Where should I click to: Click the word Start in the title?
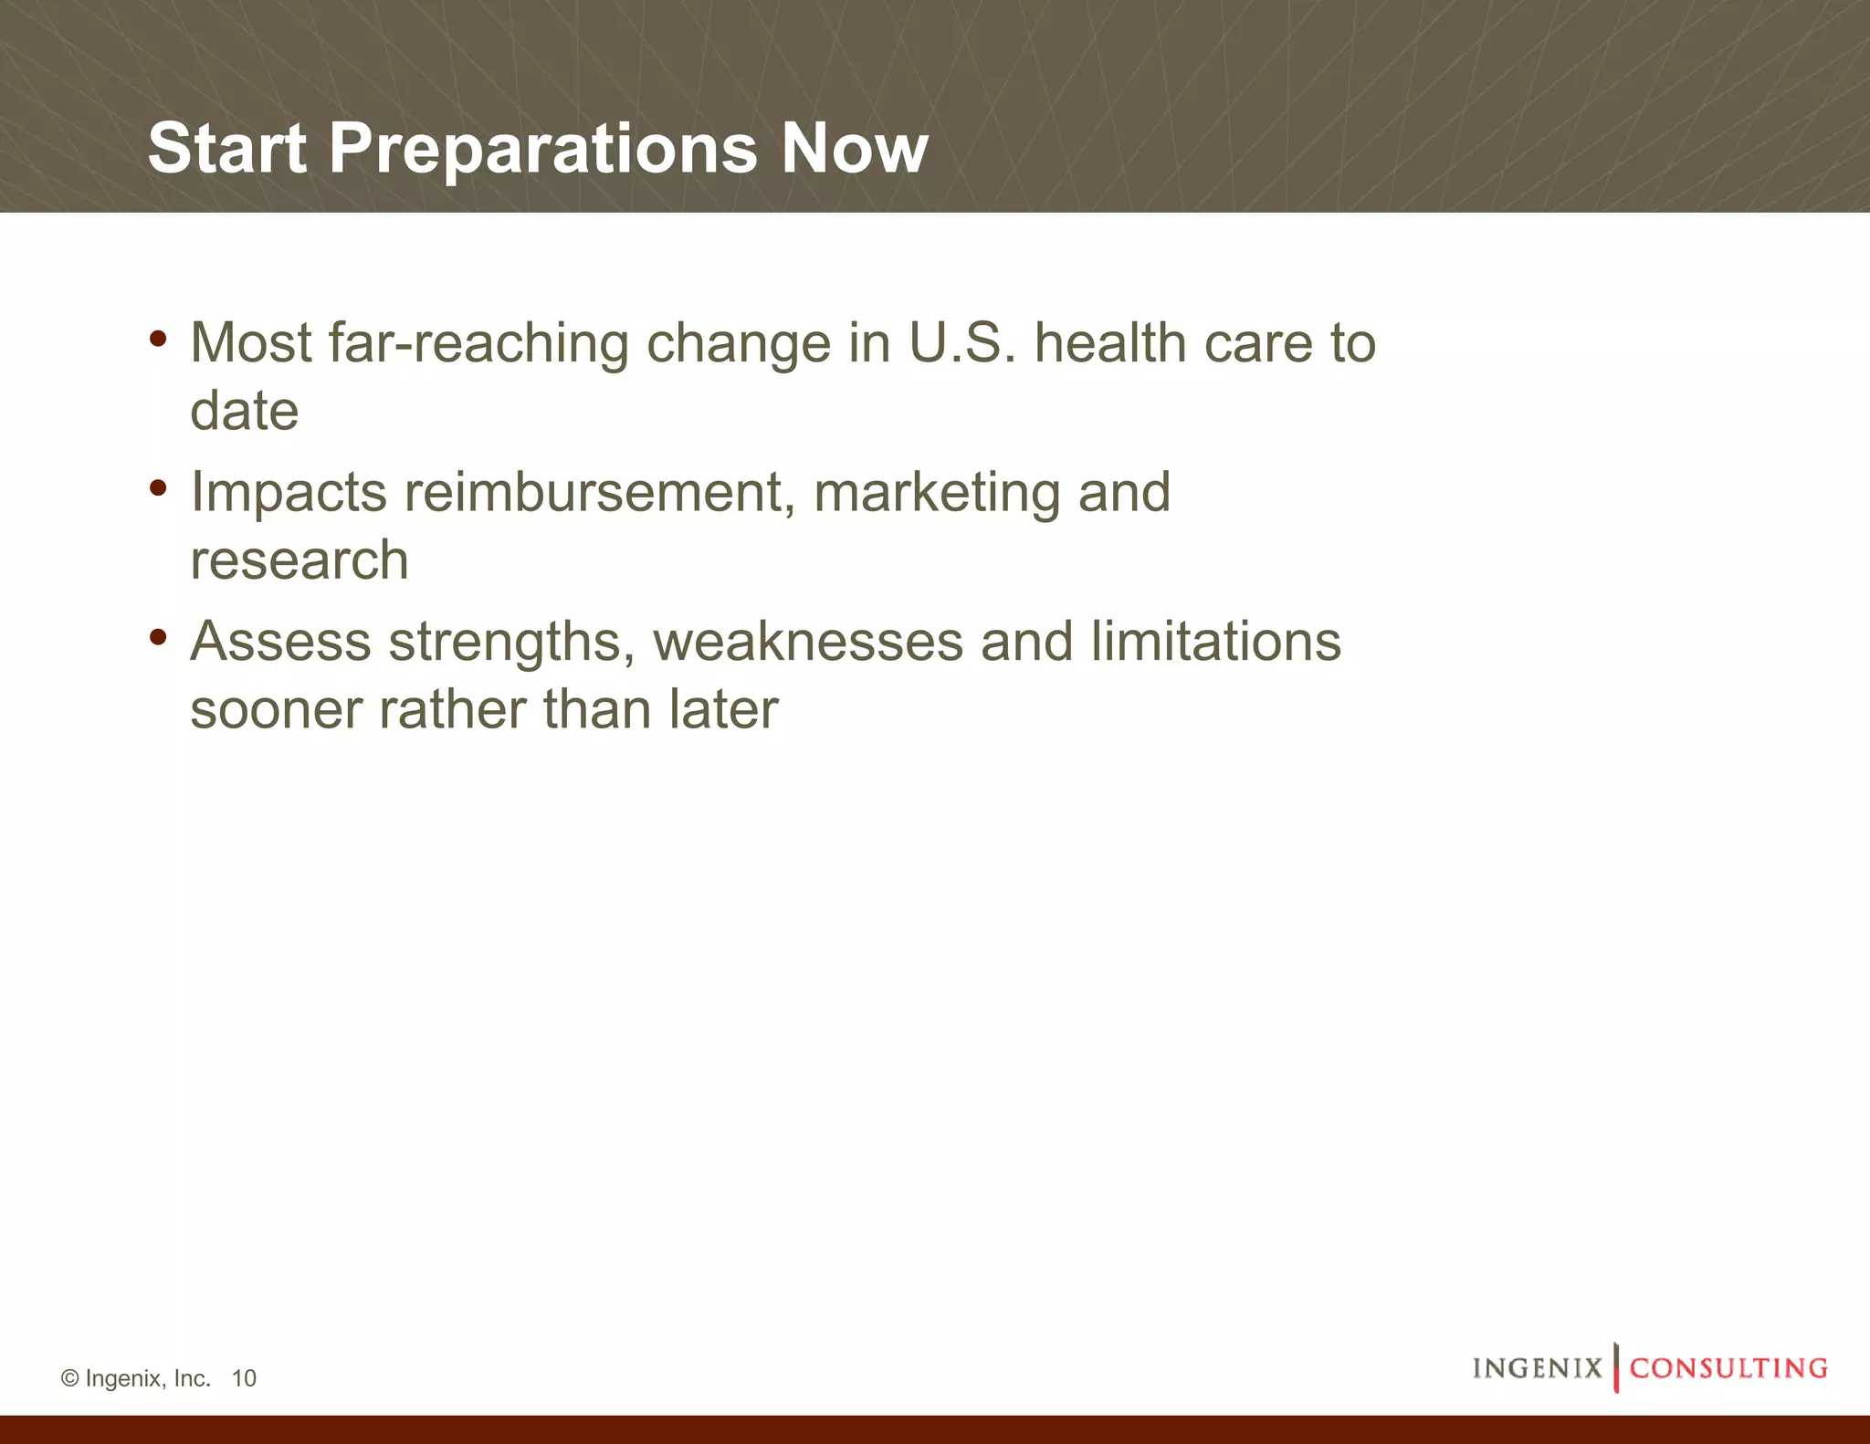click(226, 148)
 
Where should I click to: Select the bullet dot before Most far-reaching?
click(158, 340)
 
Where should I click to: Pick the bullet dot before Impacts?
click(158, 488)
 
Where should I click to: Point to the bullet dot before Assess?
click(158, 637)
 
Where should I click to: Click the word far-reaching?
click(478, 343)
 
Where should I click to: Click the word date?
click(244, 411)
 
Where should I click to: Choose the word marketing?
click(937, 493)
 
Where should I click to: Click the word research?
click(299, 560)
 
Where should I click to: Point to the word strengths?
click(511, 642)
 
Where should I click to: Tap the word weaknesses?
click(808, 642)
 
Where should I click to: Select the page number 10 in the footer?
click(244, 1378)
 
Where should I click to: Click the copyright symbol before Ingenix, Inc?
click(70, 1378)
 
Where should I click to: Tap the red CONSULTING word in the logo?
click(1728, 1368)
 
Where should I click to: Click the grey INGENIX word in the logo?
click(1538, 1368)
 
